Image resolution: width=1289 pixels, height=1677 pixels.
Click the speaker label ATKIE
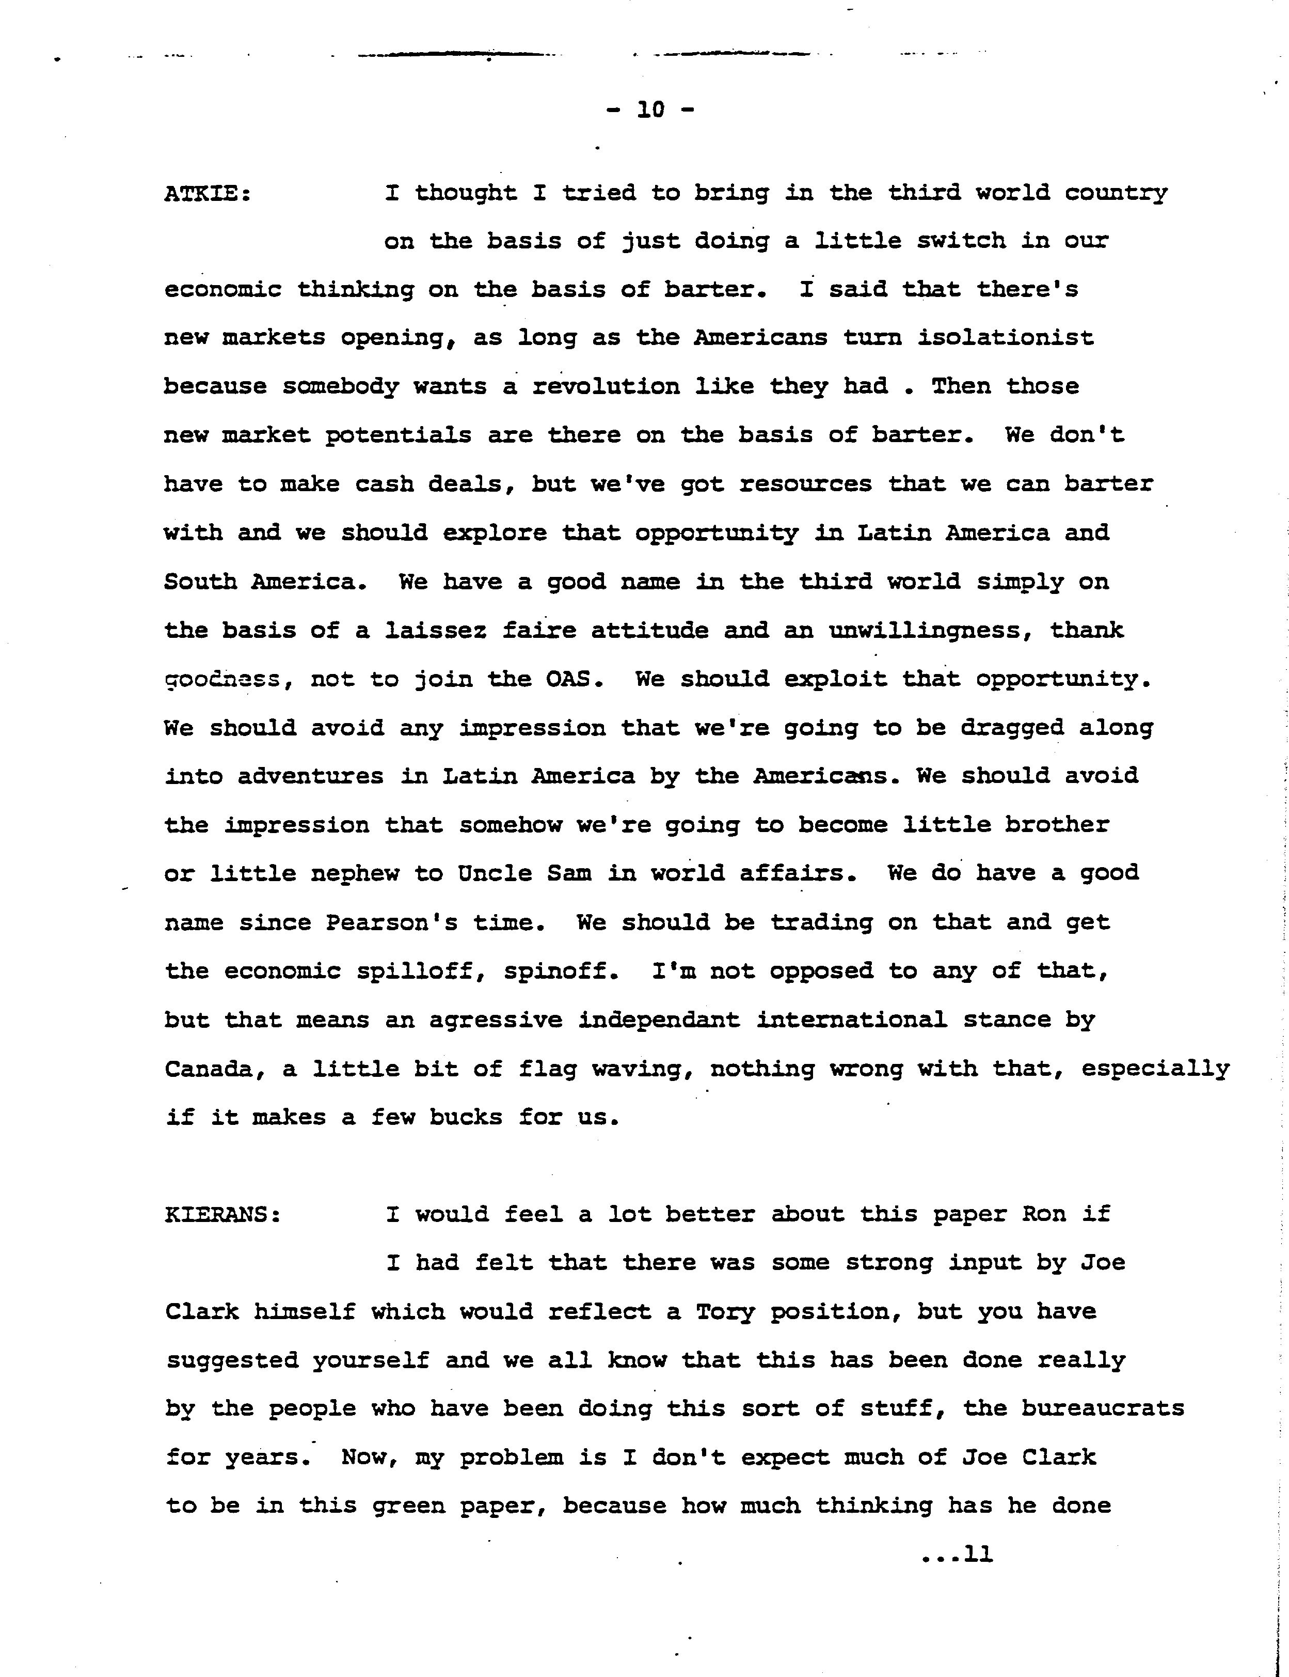pos(207,193)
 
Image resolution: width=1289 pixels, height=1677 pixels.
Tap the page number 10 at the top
pos(650,111)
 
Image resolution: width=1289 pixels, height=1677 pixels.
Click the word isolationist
pos(1005,338)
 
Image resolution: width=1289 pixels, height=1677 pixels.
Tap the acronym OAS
pos(568,679)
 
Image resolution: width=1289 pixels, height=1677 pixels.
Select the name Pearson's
pos(391,922)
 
